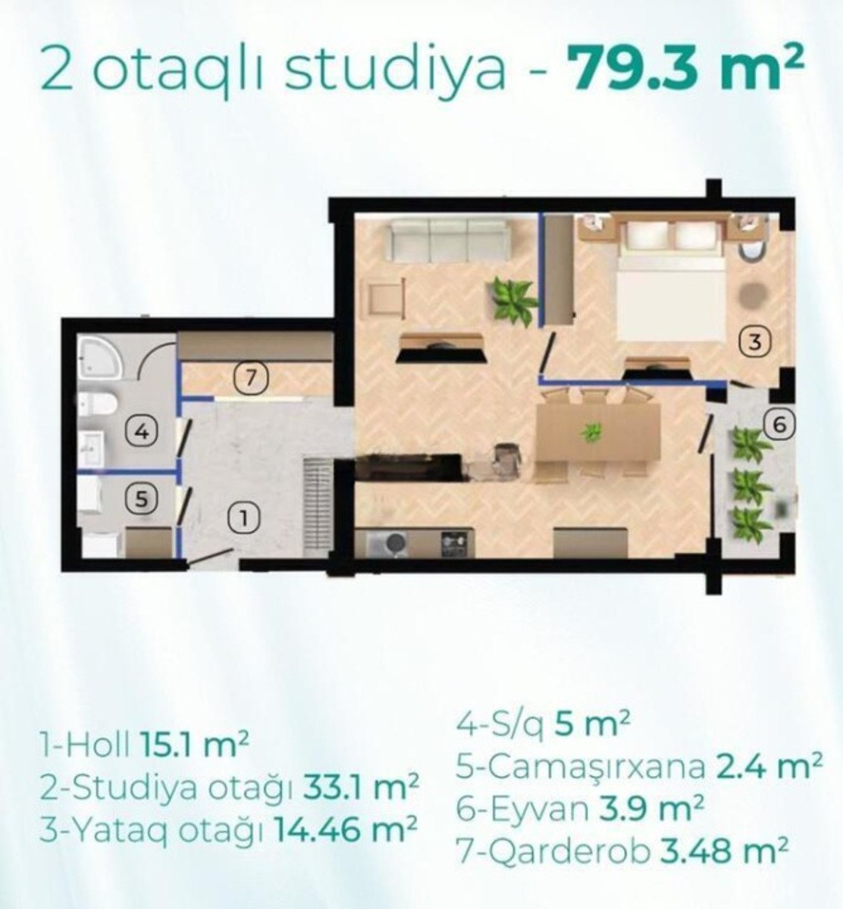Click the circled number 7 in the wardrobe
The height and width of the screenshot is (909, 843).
[x=250, y=379]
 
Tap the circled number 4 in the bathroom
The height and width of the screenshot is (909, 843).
[x=143, y=431]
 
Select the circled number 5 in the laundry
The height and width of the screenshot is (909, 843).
[x=142, y=499]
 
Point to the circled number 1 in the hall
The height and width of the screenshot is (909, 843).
[x=244, y=520]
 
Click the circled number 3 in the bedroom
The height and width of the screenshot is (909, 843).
[x=756, y=342]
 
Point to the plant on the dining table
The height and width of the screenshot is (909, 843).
[x=591, y=432]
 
